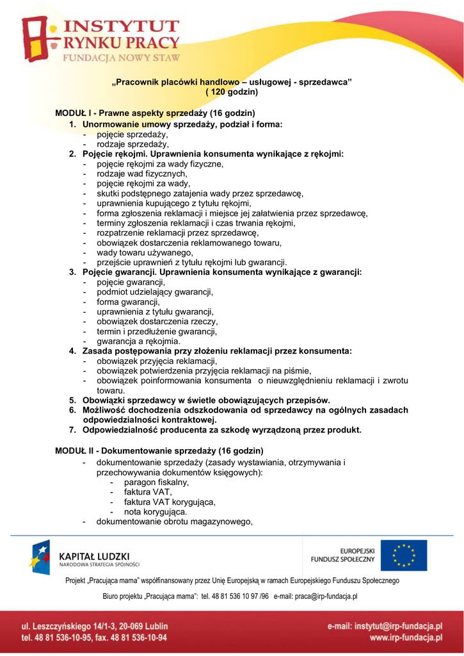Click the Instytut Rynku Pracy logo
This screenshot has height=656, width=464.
coord(101,40)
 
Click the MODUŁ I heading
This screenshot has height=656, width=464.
coord(156,113)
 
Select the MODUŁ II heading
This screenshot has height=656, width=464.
coord(159,451)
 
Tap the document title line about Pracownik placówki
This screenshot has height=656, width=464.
coord(232,83)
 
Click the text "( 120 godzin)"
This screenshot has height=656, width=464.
coord(231,92)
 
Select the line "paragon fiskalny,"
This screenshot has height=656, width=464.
coord(156,482)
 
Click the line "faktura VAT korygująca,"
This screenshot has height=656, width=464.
coord(170,502)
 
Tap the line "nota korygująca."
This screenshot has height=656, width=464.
coord(156,512)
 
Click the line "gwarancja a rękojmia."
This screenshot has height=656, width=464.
coord(138,341)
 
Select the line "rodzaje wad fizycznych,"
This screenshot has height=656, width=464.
coord(142,174)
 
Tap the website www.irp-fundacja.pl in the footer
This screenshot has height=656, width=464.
coord(406,638)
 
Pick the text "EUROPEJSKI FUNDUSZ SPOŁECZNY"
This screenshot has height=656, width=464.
coord(342,555)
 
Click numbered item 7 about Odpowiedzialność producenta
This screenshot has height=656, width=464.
coord(221,430)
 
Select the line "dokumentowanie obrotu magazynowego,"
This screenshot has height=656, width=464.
coord(175,521)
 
